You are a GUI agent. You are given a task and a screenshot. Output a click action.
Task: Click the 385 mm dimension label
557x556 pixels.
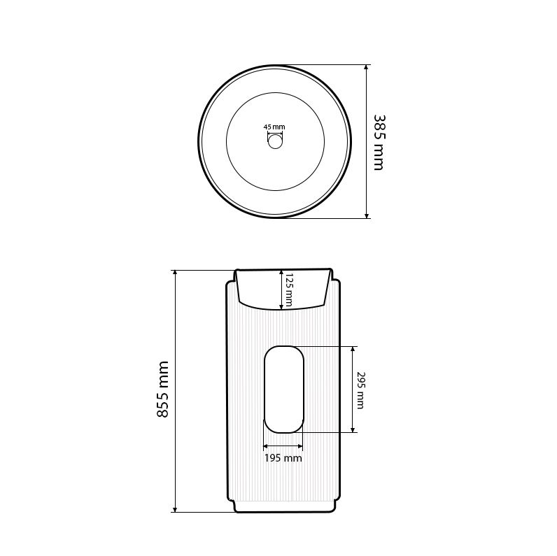click(379, 143)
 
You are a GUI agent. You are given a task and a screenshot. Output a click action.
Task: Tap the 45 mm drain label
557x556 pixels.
click(274, 127)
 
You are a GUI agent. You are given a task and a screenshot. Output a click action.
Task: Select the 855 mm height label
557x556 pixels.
click(163, 389)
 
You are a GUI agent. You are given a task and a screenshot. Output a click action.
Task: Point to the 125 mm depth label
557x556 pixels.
click(288, 290)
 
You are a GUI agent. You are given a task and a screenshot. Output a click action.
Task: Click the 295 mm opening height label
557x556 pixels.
click(360, 390)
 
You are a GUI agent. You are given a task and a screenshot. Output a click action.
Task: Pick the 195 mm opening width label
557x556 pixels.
click(283, 458)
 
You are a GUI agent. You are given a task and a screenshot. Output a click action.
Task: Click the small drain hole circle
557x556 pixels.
click(275, 142)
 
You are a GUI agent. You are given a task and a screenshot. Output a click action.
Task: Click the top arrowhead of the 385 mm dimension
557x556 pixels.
click(367, 68)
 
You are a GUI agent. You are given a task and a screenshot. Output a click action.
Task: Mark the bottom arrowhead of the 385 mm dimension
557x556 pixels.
click(367, 215)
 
